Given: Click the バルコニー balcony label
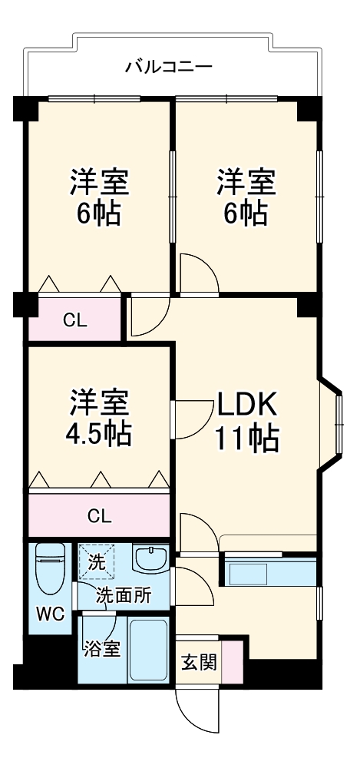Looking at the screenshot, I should tap(169, 66).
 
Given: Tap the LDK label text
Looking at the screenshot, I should tap(245, 403).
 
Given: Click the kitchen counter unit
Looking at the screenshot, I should tap(269, 573).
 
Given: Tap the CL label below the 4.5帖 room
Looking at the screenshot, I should tap(98, 515).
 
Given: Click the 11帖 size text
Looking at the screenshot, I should tap(246, 439).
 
